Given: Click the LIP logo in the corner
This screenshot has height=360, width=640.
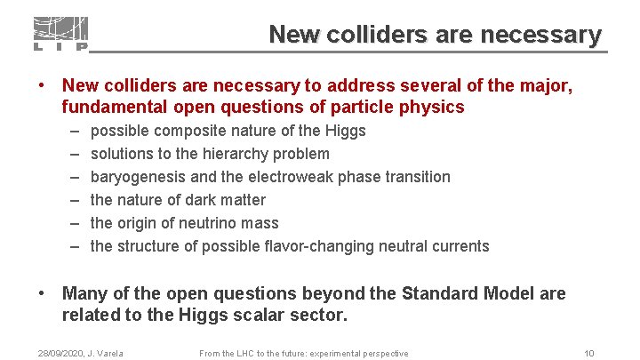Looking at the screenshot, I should (x=60, y=33).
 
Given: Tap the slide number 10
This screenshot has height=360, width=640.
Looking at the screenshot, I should (x=589, y=353).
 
